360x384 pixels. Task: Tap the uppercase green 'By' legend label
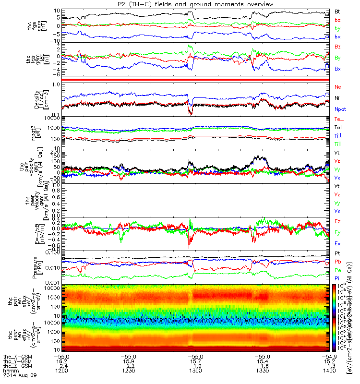coord(338,58)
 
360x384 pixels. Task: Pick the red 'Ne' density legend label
coord(338,87)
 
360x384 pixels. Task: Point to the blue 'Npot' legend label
coord(340,109)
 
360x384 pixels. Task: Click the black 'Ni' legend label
coord(337,98)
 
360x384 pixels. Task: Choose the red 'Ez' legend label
coord(337,221)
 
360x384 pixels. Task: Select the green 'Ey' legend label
coord(337,232)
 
